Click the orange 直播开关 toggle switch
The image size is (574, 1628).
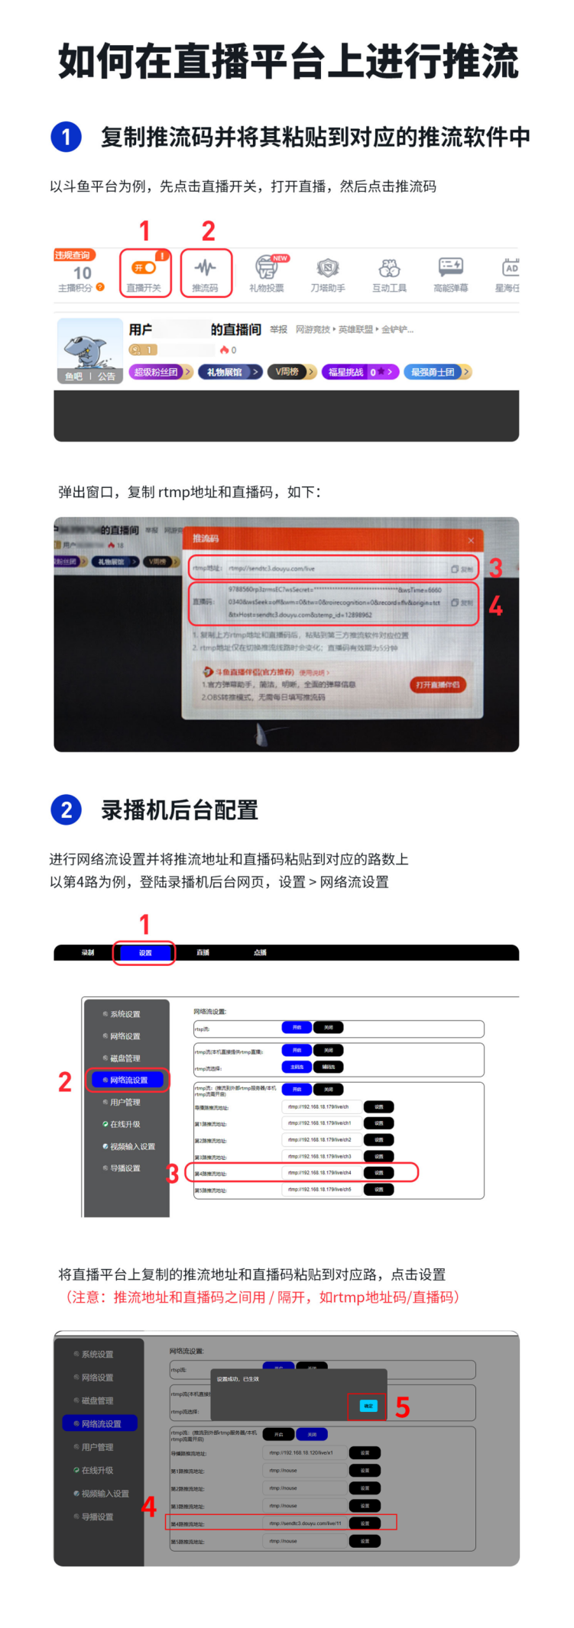[x=144, y=268]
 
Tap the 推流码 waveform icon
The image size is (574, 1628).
[x=205, y=268]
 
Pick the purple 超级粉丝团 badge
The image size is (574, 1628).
[x=159, y=372]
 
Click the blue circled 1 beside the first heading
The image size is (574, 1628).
[x=66, y=137]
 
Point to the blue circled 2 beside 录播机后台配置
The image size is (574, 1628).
[x=66, y=809]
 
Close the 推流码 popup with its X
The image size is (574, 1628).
[x=471, y=541]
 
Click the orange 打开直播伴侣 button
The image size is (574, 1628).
[x=437, y=685]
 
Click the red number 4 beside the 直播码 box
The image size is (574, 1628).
[x=495, y=606]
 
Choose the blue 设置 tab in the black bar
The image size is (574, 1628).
[x=144, y=952]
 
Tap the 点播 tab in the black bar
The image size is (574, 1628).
[x=260, y=952]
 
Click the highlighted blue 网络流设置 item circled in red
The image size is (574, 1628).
[x=128, y=1080]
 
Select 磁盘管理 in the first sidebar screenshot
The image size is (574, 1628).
[x=125, y=1058]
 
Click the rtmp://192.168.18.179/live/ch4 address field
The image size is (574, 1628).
[x=319, y=1172]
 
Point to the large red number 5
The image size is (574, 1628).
[x=402, y=1407]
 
